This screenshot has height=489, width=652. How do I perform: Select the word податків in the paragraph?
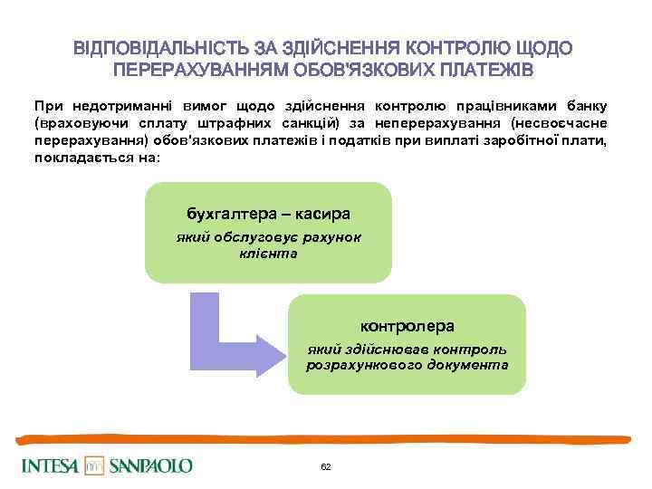(350, 139)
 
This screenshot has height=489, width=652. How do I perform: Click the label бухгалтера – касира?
(268, 215)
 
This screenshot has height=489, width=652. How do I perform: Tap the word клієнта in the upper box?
(267, 254)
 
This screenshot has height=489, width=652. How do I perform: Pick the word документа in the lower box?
(468, 365)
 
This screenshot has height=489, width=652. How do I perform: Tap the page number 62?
(326, 465)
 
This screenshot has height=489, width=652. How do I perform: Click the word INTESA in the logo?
(49, 465)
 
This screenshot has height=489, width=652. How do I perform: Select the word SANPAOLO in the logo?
(151, 465)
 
